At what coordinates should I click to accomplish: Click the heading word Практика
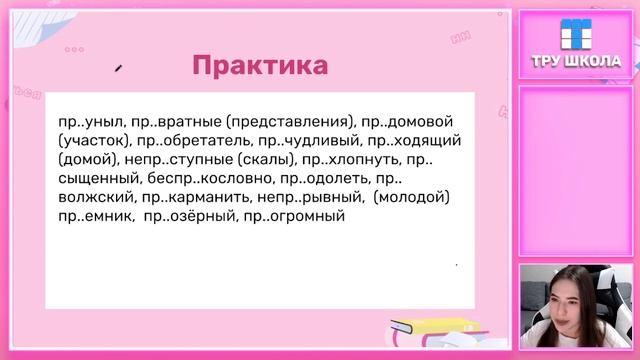[x=259, y=67]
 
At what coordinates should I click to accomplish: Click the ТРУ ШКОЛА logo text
[x=575, y=61]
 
